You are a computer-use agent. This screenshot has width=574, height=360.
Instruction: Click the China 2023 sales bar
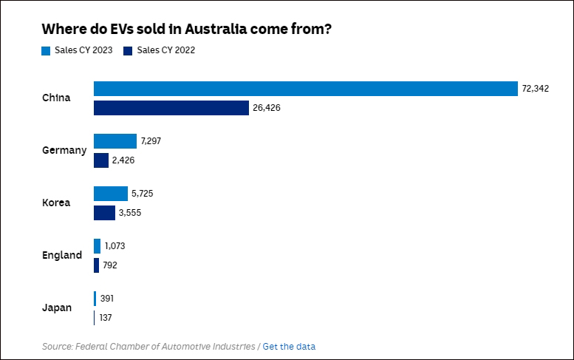[x=305, y=89]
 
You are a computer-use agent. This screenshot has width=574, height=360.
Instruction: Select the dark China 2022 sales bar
[x=171, y=108]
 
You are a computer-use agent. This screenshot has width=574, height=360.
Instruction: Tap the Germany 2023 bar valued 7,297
[x=115, y=141]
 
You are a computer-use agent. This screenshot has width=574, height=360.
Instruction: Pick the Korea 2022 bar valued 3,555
[x=104, y=213]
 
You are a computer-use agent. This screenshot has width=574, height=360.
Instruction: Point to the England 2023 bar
[x=97, y=246]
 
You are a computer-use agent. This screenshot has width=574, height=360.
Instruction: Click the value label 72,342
[x=536, y=89]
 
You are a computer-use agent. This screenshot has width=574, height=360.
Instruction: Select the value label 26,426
[x=267, y=108]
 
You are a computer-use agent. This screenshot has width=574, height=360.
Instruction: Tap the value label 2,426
[x=124, y=160]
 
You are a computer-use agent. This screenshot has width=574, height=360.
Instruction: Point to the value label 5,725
[x=143, y=194]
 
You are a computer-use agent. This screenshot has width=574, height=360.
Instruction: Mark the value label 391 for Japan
[x=107, y=299]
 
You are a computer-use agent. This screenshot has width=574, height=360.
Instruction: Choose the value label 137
[x=106, y=318]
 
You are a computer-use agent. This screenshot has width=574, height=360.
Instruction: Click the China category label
[x=56, y=98]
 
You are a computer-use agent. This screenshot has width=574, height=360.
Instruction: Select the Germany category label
[x=64, y=150]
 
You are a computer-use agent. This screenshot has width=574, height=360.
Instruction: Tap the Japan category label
[x=57, y=308]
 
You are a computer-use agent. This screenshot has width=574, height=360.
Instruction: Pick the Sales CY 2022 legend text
[x=166, y=50]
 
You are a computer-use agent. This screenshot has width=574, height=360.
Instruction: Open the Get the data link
[x=289, y=346]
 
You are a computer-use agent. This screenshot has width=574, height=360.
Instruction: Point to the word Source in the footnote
[x=55, y=346]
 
